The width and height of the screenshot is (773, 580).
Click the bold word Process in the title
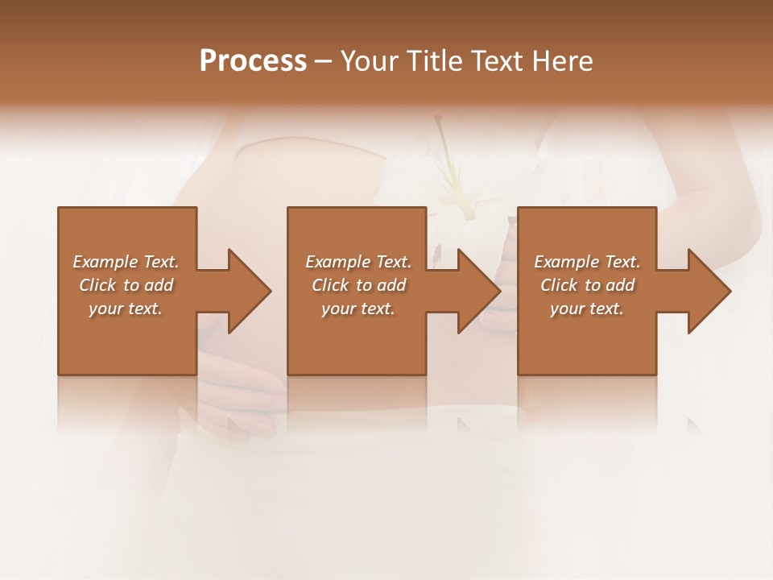[x=253, y=61]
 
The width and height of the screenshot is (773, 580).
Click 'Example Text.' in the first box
[x=126, y=262]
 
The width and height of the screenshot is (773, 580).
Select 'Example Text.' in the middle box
[x=358, y=262]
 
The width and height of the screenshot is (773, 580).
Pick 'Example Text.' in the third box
[x=587, y=262]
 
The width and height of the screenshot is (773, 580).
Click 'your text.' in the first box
[x=126, y=309]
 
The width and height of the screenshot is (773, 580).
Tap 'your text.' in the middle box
[x=358, y=309]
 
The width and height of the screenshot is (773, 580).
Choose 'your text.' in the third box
[x=587, y=309]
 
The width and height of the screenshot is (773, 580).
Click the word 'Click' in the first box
[x=97, y=285]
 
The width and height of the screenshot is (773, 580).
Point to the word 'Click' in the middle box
[x=329, y=285]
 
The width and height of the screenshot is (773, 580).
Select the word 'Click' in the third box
[x=559, y=285]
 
